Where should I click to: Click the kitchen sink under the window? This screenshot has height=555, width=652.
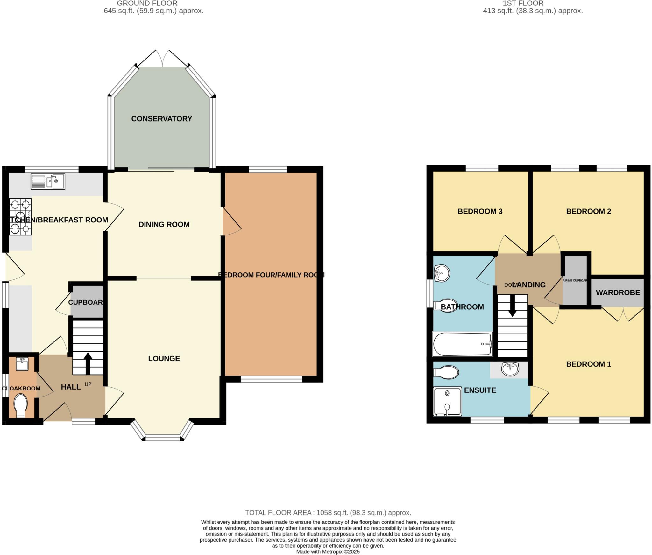pyautogui.click(x=48, y=182)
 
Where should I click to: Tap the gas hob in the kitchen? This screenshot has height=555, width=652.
pyautogui.click(x=20, y=216)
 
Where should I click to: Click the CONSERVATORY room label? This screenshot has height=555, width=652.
pyautogui.click(x=161, y=119)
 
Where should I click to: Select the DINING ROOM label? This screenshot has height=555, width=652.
pyautogui.click(x=164, y=224)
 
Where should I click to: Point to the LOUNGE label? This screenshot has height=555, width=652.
pyautogui.click(x=164, y=358)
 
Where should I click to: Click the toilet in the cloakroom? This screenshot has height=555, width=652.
pyautogui.click(x=20, y=405)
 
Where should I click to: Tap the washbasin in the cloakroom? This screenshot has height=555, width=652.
pyautogui.click(x=22, y=364)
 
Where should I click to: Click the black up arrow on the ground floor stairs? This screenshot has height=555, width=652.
pyautogui.click(x=88, y=363)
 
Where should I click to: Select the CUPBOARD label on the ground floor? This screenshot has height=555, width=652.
pyautogui.click(x=86, y=302)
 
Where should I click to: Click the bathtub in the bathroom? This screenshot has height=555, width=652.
pyautogui.click(x=462, y=344)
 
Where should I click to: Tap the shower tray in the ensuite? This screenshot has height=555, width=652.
pyautogui.click(x=447, y=401)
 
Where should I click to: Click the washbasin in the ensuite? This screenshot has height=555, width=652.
pyautogui.click(x=510, y=369)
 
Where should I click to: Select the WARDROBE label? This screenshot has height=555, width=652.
pyautogui.click(x=618, y=292)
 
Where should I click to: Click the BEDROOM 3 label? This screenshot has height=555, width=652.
pyautogui.click(x=480, y=211)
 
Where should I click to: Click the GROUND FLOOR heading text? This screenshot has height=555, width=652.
pyautogui.click(x=147, y=4)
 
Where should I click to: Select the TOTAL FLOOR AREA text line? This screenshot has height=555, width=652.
pyautogui.click(x=328, y=513)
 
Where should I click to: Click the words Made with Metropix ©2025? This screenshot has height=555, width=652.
pyautogui.click(x=328, y=552)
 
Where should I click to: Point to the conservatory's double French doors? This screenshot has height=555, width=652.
pyautogui.click(x=162, y=59)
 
